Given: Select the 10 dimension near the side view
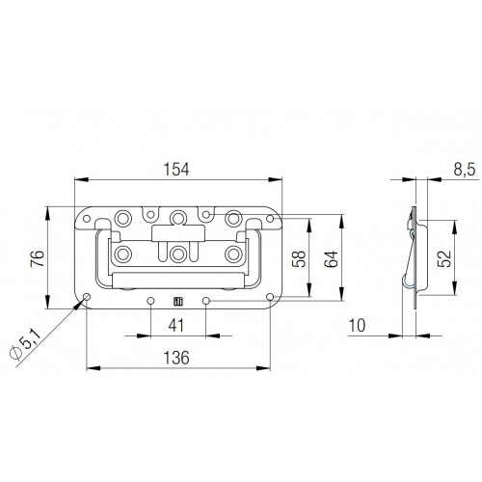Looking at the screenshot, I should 358,327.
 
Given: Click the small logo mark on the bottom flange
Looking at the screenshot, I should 178,300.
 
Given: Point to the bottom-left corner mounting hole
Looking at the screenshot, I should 87,296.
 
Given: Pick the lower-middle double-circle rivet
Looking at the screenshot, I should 178,256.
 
